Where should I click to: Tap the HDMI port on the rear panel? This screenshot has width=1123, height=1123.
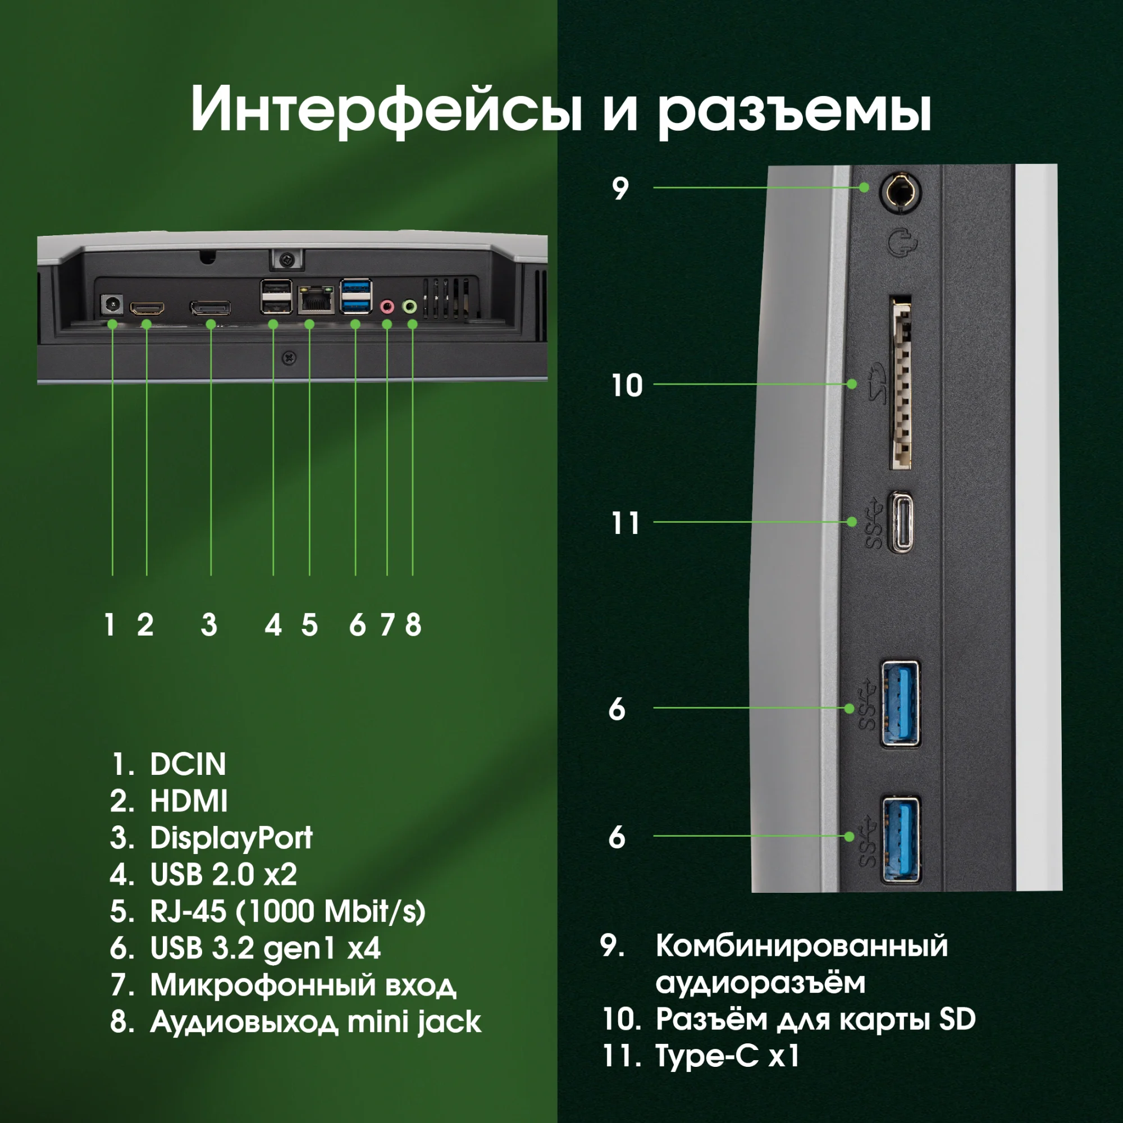click(147, 308)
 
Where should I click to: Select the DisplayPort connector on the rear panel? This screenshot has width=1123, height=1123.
click(211, 308)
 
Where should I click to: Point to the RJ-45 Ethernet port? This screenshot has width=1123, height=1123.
click(316, 300)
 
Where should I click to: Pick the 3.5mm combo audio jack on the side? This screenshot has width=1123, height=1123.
click(901, 191)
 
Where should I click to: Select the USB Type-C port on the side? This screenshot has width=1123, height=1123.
click(902, 522)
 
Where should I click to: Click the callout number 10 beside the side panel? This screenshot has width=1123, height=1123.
click(627, 385)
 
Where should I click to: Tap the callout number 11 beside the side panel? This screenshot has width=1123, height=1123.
click(626, 523)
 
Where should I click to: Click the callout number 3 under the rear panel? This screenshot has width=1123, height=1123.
click(209, 626)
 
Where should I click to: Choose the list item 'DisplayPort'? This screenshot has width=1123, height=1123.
click(231, 838)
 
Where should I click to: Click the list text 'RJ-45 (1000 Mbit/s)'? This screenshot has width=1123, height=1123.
click(287, 911)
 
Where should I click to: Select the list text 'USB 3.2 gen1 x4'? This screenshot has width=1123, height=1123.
click(265, 948)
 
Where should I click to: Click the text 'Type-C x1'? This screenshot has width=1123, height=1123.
click(727, 1056)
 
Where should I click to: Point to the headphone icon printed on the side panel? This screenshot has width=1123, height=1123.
click(902, 243)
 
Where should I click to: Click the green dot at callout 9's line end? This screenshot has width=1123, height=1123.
click(864, 187)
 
